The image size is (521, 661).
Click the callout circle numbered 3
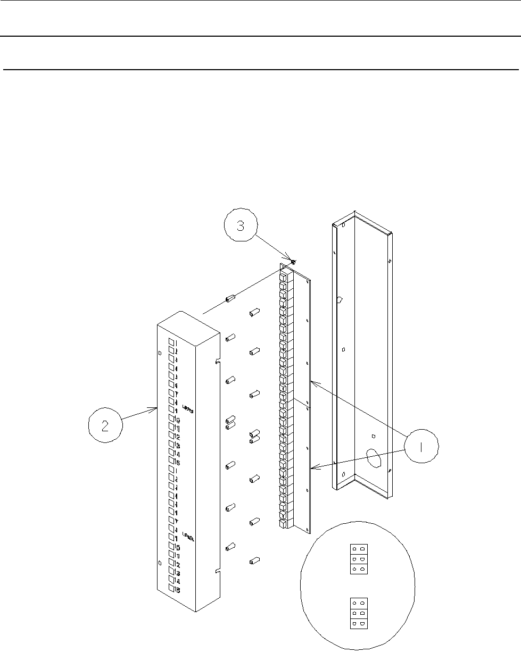(x=239, y=227)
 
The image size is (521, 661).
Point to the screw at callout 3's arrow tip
(x=293, y=262)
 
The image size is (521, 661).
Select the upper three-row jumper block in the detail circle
(x=359, y=559)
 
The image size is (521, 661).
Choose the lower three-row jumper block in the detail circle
(x=359, y=613)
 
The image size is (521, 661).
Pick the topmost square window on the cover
(x=171, y=341)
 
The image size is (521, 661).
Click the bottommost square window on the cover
(x=171, y=589)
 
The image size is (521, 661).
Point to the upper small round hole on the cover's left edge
(x=160, y=353)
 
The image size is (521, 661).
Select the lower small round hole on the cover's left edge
(x=160, y=563)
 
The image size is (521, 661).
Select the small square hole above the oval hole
(x=374, y=436)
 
